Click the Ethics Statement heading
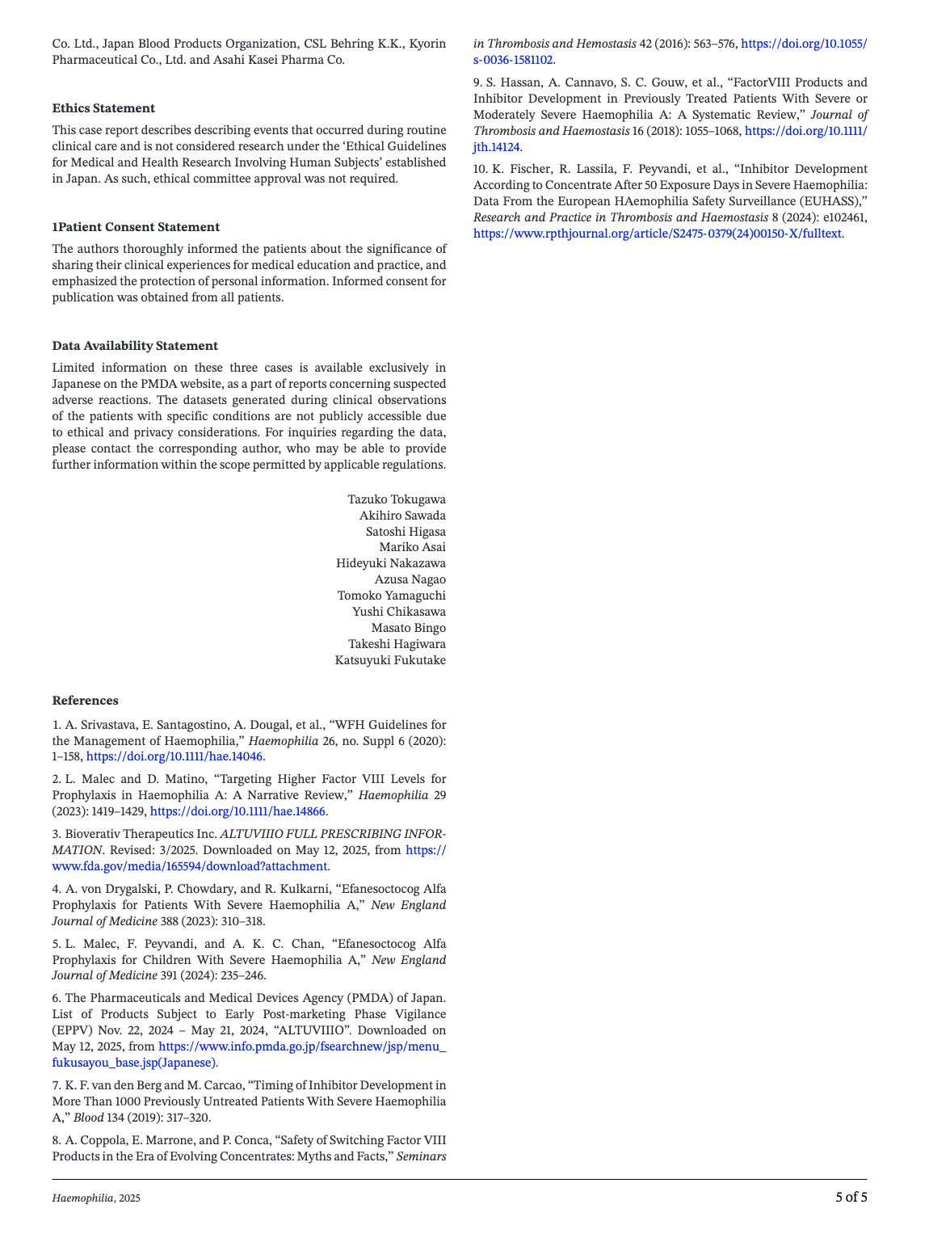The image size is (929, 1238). (x=103, y=108)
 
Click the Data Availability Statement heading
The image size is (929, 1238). (x=135, y=346)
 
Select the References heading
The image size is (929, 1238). (x=85, y=701)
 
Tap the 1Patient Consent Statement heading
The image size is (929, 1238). (x=136, y=227)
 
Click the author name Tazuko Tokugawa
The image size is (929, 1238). (x=396, y=499)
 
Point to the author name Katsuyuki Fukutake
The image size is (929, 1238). (x=390, y=660)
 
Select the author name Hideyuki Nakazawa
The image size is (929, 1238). (x=390, y=563)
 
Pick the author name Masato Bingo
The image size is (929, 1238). (x=408, y=628)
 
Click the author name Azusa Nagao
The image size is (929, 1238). (x=410, y=579)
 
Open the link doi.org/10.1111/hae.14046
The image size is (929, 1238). (x=174, y=757)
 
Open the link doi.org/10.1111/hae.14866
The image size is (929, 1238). (x=238, y=811)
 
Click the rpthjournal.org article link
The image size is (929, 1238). (x=657, y=234)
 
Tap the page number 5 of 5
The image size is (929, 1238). (x=851, y=1198)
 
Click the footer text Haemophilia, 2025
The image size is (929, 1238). (x=96, y=1198)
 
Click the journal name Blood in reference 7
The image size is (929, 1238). (x=86, y=1118)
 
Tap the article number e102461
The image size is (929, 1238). (x=845, y=217)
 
